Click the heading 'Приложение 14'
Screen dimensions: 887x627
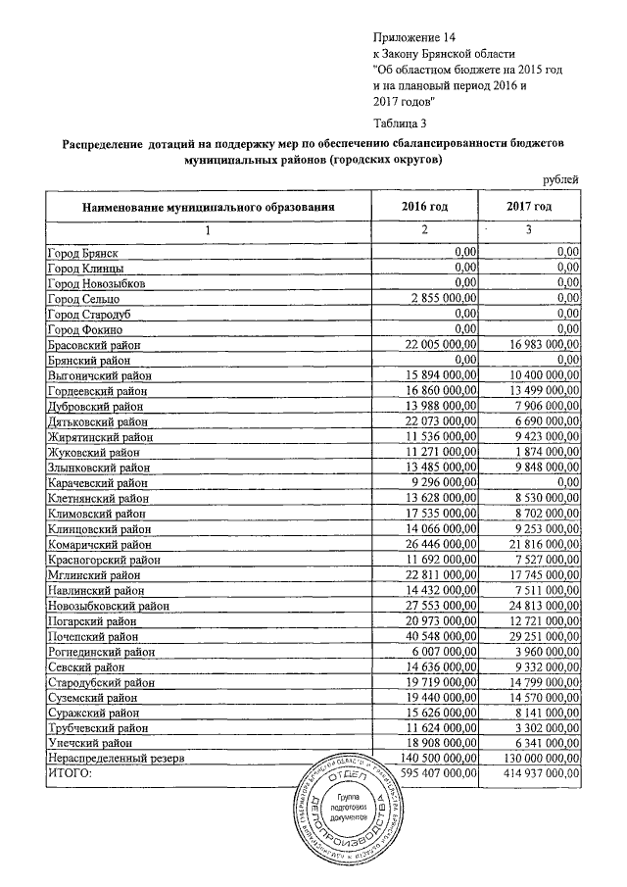coord(414,36)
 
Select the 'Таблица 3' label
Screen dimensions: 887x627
coord(401,123)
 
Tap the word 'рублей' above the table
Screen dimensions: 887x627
coord(560,178)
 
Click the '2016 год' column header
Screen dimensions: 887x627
coord(424,207)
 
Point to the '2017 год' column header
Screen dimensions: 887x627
coord(529,207)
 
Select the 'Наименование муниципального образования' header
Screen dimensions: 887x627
coord(210,208)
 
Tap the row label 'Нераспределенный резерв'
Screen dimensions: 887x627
coord(116,759)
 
